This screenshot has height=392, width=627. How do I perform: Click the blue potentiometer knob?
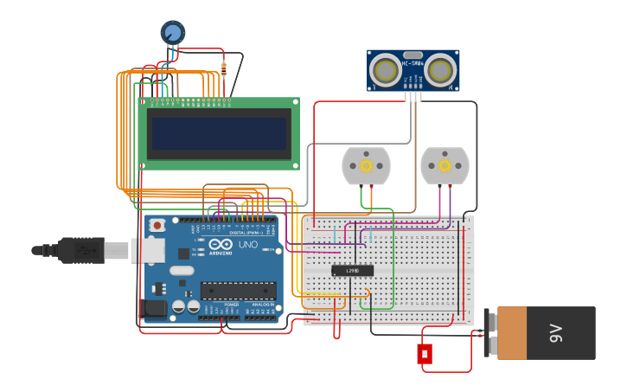click(172, 32)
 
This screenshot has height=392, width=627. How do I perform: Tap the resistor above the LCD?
click(224, 68)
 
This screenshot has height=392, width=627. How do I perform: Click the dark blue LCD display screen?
click(218, 133)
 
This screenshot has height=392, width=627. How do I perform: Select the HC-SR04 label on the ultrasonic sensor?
click(413, 63)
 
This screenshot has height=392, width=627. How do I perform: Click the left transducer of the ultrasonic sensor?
click(385, 71)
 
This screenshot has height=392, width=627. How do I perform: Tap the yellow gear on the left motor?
click(366, 165)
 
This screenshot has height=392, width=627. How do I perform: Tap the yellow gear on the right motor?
click(445, 165)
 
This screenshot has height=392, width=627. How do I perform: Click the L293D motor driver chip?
click(352, 270)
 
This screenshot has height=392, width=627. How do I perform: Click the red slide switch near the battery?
click(425, 354)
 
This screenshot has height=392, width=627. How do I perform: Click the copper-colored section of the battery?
click(511, 333)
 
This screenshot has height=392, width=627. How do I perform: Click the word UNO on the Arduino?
click(247, 245)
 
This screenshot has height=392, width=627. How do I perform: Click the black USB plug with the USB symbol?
click(81, 250)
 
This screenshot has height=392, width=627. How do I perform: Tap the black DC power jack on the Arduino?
click(152, 308)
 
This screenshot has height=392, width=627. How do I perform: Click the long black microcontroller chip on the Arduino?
click(238, 291)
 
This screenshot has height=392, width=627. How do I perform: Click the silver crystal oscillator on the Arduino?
click(182, 270)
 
